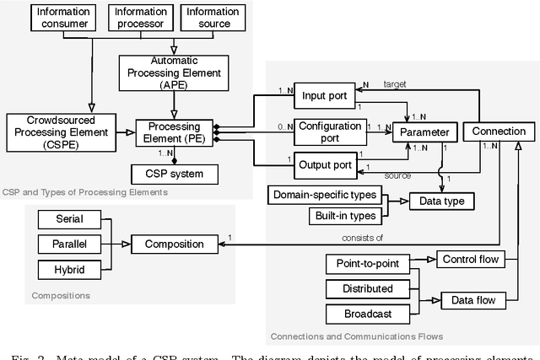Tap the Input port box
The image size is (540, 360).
324,96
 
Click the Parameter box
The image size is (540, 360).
425,132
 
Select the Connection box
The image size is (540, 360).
499,132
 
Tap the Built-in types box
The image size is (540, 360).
334,215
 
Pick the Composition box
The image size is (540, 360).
175,244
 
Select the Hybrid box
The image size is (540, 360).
69,271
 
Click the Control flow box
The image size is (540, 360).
468,259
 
